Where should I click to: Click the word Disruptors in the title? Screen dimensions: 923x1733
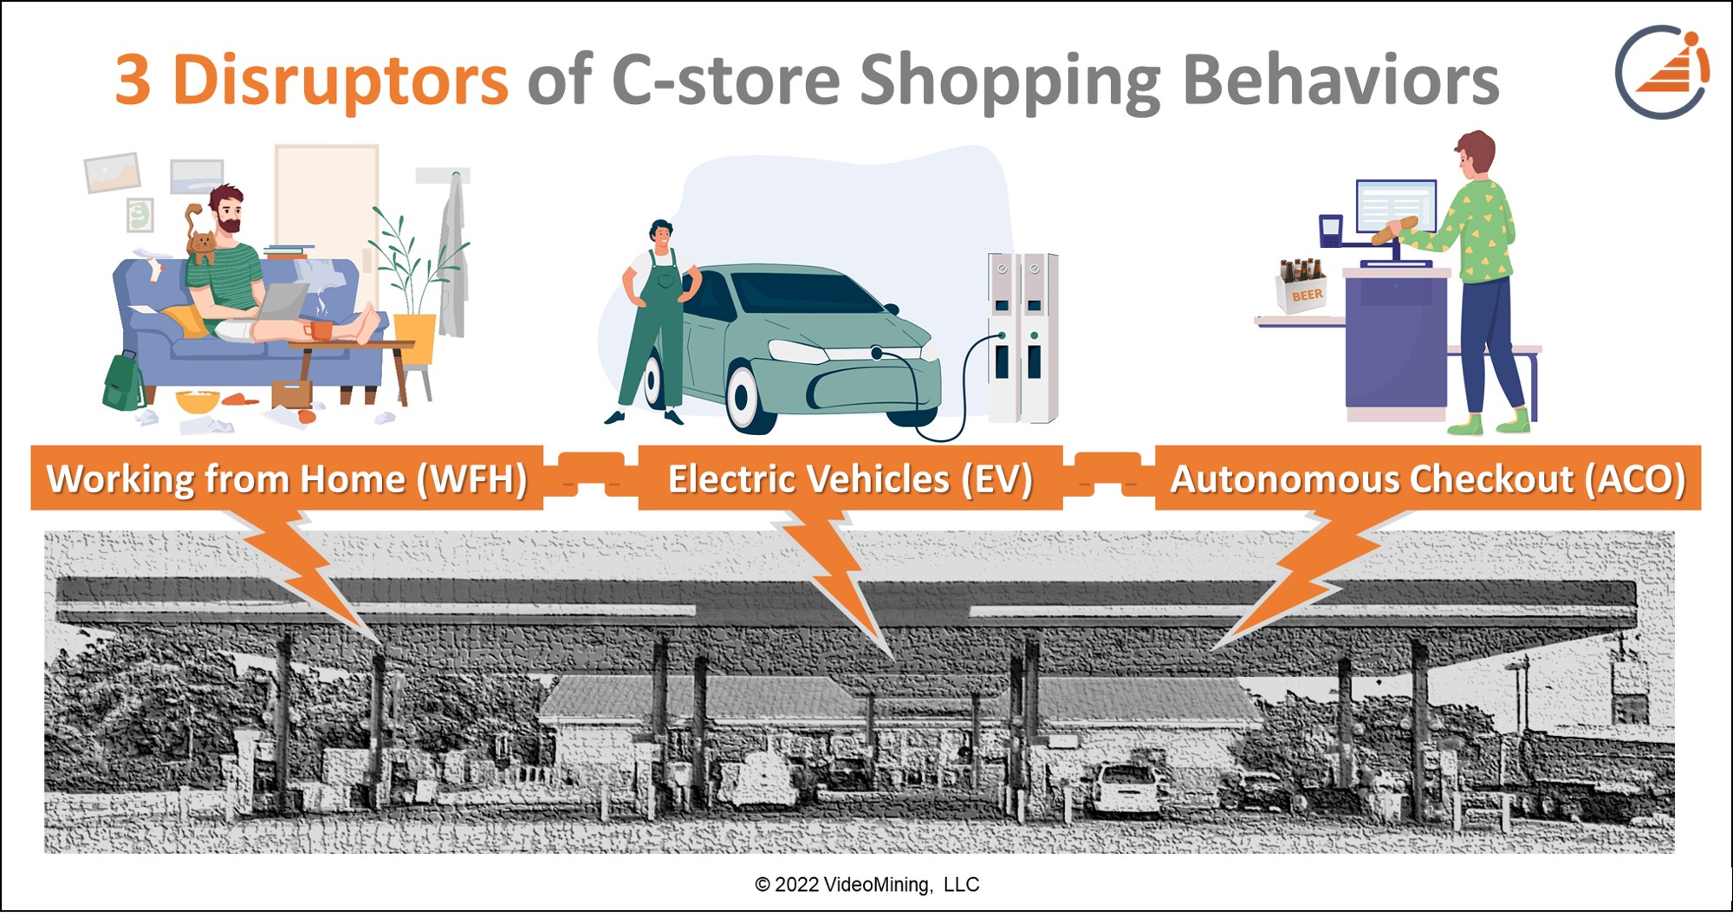pos(340,80)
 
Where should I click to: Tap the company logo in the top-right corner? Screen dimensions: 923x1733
pos(1661,72)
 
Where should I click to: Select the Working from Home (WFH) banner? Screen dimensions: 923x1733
pos(287,478)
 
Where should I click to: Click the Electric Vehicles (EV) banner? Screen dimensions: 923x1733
pos(850,478)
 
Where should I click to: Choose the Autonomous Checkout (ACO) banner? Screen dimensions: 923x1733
pos(1427,478)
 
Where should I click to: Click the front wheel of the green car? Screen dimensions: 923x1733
pos(743,397)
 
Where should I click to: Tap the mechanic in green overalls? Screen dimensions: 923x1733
pos(657,321)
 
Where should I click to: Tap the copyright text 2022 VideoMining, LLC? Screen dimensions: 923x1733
pos(866,884)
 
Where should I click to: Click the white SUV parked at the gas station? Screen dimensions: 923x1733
pos(1126,789)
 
